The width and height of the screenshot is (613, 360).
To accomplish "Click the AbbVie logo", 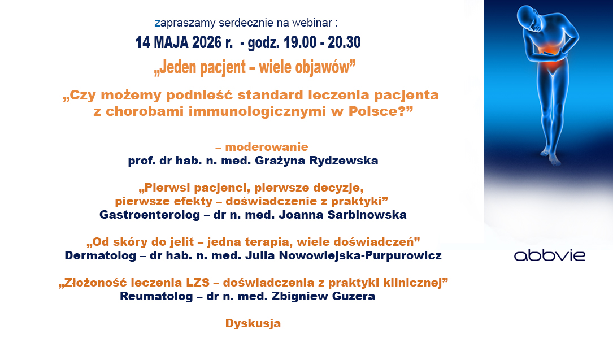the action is (x=549, y=255).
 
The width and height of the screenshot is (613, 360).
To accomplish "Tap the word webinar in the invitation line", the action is (x=312, y=23).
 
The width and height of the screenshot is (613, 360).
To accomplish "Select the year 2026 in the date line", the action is (x=207, y=42).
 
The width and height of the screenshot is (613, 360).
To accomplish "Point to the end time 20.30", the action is (x=344, y=42).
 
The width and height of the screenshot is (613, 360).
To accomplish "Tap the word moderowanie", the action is (x=267, y=147).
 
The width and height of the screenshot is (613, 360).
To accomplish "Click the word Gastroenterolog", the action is (x=150, y=215).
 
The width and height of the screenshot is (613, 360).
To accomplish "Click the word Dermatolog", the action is (x=101, y=255).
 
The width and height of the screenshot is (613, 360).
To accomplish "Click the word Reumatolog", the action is (x=156, y=296).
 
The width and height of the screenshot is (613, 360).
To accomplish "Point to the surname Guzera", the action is (x=354, y=296).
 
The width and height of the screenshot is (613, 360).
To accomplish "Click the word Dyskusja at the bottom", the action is (x=253, y=323).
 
